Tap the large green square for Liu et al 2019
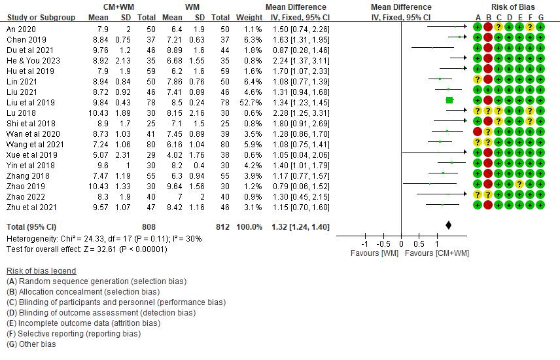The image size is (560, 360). pyautogui.click(x=449, y=100)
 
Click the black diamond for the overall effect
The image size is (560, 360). pyautogui.click(x=448, y=225)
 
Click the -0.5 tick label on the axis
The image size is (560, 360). pyautogui.click(x=384, y=243)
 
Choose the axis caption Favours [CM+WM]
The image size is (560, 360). pyautogui.click(x=437, y=253)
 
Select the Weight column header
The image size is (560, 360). pyautogui.click(x=249, y=17)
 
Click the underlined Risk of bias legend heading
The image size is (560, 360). pyautogui.click(x=41, y=271)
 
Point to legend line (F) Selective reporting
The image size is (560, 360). pyautogui.click(x=73, y=334)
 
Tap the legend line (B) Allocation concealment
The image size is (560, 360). pyautogui.click(x=82, y=292)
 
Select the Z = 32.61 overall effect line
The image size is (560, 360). pyautogui.click(x=86, y=249)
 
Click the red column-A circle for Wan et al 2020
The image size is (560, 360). pyautogui.click(x=478, y=132)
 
